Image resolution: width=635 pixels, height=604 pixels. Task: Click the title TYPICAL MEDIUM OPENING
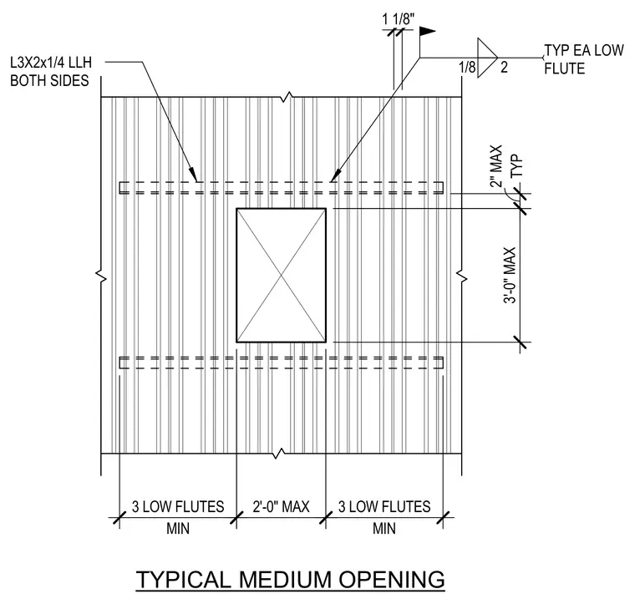(290, 579)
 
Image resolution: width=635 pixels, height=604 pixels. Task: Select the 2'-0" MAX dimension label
(281, 506)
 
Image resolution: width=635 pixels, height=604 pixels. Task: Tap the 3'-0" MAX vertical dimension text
(510, 276)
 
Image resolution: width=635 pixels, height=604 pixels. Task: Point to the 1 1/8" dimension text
(399, 19)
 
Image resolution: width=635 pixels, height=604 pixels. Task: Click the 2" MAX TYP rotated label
(506, 166)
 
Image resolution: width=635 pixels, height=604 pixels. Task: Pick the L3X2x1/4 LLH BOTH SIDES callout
(51, 72)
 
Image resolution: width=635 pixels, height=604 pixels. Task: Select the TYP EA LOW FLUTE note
(583, 59)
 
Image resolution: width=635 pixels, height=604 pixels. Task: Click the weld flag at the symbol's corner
(427, 32)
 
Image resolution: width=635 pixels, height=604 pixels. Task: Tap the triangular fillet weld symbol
(487, 58)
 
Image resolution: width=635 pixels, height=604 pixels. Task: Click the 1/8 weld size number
(467, 67)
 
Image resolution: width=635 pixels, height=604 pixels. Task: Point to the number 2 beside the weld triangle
(504, 67)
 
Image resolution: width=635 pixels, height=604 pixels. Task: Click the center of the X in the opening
(282, 276)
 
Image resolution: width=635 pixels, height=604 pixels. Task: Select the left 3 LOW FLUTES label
(178, 506)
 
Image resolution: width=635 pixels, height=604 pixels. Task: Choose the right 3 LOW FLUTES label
(384, 506)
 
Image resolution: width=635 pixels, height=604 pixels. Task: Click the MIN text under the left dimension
(178, 528)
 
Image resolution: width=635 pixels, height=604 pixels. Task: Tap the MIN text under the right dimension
(384, 528)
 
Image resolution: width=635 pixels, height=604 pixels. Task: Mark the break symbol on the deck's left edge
(101, 276)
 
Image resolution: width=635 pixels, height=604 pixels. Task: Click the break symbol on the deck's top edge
(287, 97)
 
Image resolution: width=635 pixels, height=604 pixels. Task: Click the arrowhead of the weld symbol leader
(333, 176)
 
